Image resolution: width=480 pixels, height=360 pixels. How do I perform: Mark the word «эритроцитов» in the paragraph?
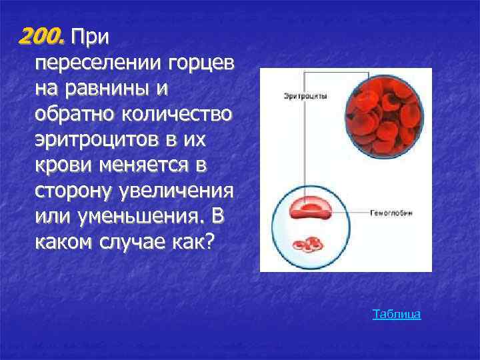93,140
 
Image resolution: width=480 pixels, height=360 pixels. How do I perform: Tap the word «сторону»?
72,191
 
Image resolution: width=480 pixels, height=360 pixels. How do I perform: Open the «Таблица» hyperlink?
397,313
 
